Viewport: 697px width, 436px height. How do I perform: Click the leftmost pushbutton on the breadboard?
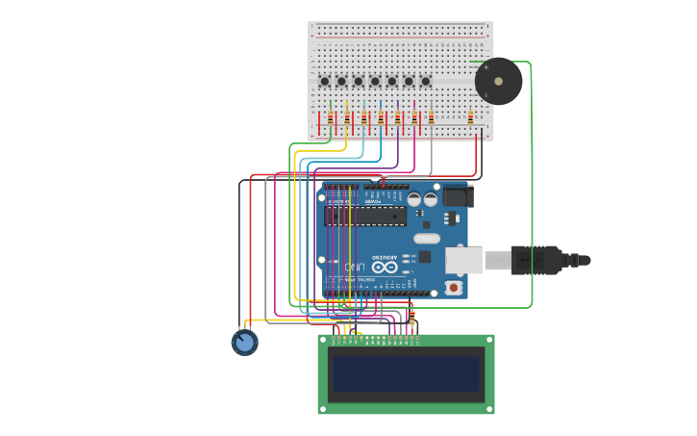[324, 82]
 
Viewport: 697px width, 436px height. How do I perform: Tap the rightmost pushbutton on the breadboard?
[425, 82]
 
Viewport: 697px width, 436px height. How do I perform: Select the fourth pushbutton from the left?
[375, 82]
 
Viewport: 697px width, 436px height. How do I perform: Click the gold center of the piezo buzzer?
[498, 82]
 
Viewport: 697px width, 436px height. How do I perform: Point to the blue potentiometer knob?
[244, 342]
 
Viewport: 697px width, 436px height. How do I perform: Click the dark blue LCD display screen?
[406, 374]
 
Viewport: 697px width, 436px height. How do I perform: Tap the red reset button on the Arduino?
[453, 287]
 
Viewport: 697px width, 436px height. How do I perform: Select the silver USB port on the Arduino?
[463, 260]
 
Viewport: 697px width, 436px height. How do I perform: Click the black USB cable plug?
[535, 260]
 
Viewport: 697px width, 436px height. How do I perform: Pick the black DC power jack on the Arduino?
[458, 197]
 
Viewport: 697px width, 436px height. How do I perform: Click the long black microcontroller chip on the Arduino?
[365, 216]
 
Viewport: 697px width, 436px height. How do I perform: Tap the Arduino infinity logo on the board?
[385, 267]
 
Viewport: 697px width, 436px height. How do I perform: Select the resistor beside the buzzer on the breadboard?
[470, 117]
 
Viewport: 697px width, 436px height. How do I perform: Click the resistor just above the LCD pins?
[412, 319]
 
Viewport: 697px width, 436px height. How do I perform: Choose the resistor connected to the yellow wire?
[346, 117]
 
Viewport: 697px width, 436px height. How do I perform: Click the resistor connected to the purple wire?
[397, 117]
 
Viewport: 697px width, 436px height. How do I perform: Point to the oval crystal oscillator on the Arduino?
[427, 238]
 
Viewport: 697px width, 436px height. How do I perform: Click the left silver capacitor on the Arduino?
[414, 200]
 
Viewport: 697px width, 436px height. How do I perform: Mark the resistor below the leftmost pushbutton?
[330, 117]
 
